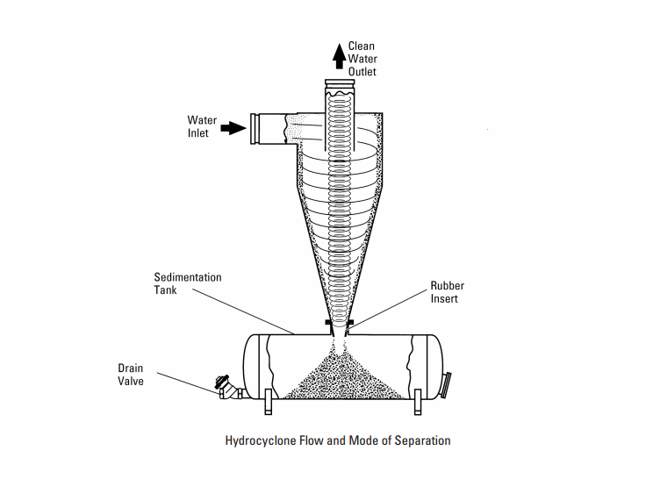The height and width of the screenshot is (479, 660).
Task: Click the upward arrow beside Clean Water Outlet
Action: coord(339,55)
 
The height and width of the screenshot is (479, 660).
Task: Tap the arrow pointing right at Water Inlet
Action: coord(231,127)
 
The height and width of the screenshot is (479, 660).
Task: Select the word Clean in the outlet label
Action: coord(362,46)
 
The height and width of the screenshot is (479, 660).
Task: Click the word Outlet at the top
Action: coord(362,72)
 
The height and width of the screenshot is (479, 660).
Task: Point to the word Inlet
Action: coord(198,133)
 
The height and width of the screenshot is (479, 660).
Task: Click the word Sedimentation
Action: coord(188,277)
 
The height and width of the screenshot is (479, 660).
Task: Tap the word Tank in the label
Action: coord(166,290)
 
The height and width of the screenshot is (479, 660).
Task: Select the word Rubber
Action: coord(447,286)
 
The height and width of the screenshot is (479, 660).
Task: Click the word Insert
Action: coord(444,299)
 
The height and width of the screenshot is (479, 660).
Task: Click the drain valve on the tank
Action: coord(226,386)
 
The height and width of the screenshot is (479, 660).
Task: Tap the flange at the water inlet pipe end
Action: coord(256,129)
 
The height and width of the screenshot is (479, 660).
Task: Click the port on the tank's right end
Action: coord(449,383)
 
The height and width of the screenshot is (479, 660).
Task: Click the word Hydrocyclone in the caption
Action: coord(262,440)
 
